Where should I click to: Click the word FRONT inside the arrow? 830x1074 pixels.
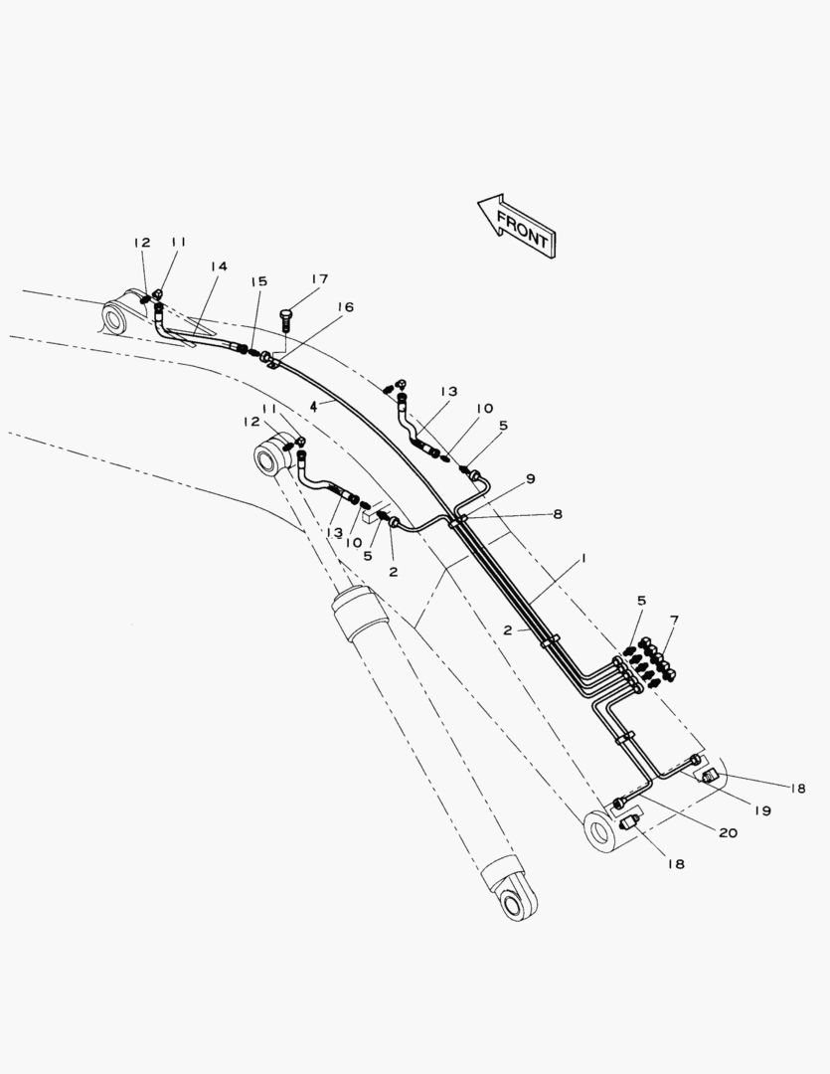coord(521,230)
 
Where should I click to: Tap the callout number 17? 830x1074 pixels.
coord(318,279)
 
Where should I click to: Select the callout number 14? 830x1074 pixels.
coord(218,267)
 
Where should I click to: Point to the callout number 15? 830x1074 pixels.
coord(258,282)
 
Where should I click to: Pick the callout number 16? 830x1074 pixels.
coord(345,307)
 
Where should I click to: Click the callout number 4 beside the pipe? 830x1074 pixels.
coord(313,406)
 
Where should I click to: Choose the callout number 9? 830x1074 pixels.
coord(531,478)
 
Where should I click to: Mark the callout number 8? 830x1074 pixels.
coord(557,514)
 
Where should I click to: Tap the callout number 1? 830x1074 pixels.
coord(584,559)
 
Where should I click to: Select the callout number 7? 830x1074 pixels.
coord(674,621)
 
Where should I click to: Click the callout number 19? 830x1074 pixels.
coord(761,810)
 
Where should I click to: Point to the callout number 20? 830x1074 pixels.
coord(728,832)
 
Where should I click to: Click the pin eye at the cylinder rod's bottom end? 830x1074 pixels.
coord(516,904)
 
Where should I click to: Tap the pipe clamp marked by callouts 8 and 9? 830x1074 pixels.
coord(458,519)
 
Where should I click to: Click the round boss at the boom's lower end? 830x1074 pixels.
coord(601,830)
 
